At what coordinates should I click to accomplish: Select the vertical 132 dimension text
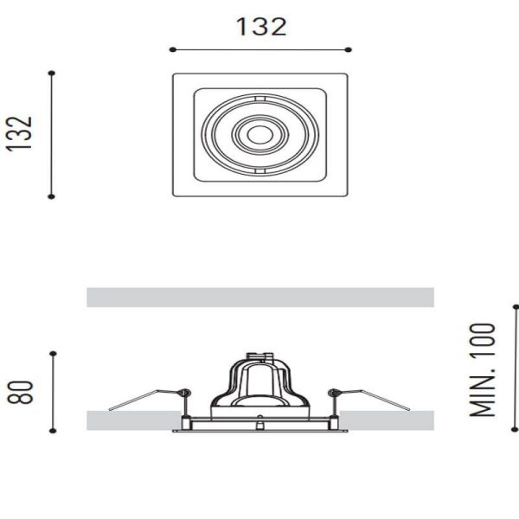coord(21,133)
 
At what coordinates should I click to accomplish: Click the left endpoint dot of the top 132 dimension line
coord(172,49)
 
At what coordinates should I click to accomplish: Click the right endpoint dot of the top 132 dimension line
coord(349,49)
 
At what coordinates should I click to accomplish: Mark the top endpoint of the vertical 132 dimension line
coord(52,73)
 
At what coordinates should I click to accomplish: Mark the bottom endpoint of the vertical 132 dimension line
coord(52,196)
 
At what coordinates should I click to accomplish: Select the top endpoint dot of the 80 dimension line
coord(53,353)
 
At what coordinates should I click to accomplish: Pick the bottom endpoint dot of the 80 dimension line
coord(53,430)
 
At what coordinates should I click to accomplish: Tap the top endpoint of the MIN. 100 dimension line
coord(516,305)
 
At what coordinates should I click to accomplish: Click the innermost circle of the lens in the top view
coord(259,134)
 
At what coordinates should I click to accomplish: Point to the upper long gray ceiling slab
coord(259,298)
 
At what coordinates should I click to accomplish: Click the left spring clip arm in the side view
coord(143,399)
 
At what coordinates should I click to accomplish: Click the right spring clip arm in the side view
coord(376,399)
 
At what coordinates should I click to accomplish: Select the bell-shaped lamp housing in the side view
coord(259,385)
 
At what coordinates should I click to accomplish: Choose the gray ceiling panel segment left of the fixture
coord(130,420)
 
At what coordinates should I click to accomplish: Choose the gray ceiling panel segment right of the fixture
coord(389,420)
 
